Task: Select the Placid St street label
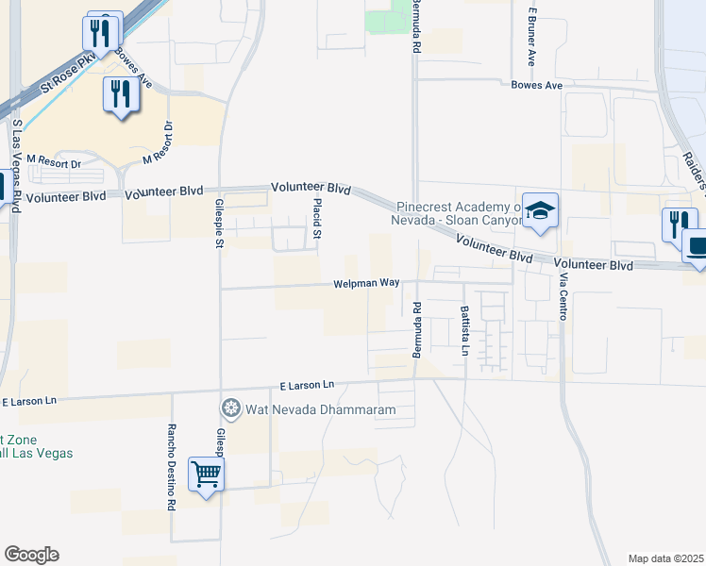coord(318,218)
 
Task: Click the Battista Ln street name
coord(464,330)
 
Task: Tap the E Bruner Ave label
coord(532,38)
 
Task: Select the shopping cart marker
coord(206,473)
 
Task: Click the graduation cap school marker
coord(541,211)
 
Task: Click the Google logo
coord(31,555)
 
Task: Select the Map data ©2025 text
coord(665,558)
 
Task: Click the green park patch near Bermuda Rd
coord(385,20)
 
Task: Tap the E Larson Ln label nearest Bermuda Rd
coord(308,385)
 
